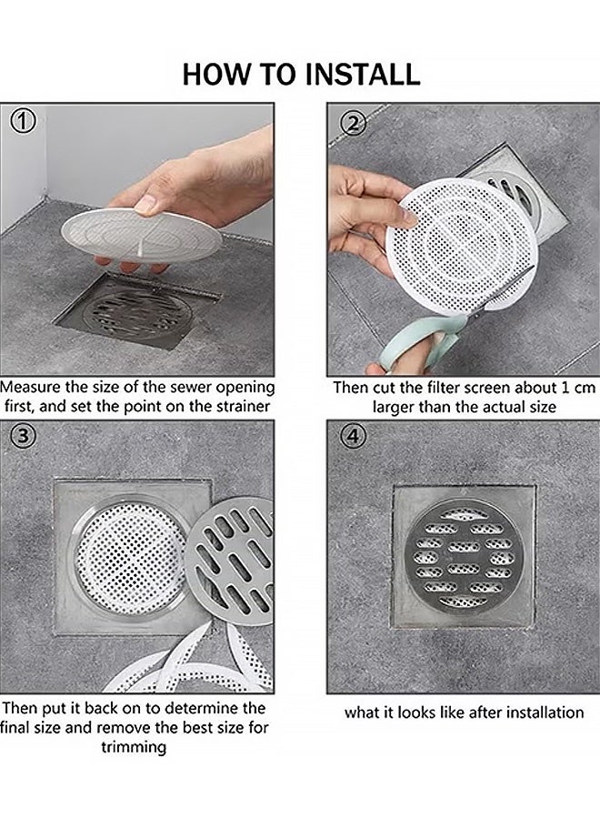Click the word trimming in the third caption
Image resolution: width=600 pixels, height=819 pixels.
(133, 747)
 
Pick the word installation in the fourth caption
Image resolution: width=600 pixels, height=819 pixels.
(535, 712)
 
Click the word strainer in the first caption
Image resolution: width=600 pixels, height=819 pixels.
(239, 407)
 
